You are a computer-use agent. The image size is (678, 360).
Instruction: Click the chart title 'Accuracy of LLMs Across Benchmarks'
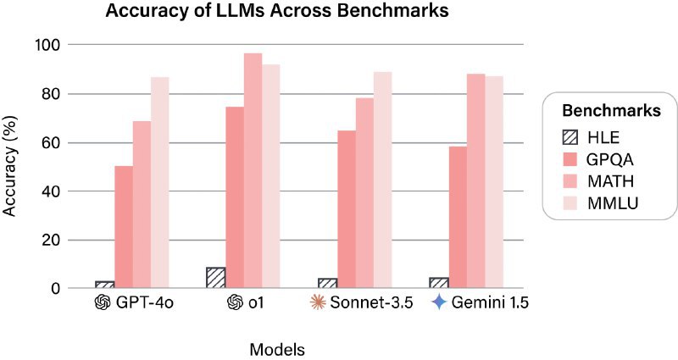(x=276, y=13)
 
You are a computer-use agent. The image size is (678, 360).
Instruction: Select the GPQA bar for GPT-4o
(x=124, y=227)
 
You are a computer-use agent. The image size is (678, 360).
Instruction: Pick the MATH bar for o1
(x=253, y=170)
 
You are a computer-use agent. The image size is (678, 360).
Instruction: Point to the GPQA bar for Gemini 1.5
(x=458, y=217)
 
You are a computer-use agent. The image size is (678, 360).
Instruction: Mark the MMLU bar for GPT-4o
(x=160, y=182)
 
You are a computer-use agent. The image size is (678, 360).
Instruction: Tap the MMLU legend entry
(x=613, y=204)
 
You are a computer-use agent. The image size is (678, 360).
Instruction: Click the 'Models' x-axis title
(x=277, y=349)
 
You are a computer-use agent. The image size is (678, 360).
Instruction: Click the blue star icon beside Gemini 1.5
(x=438, y=302)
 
